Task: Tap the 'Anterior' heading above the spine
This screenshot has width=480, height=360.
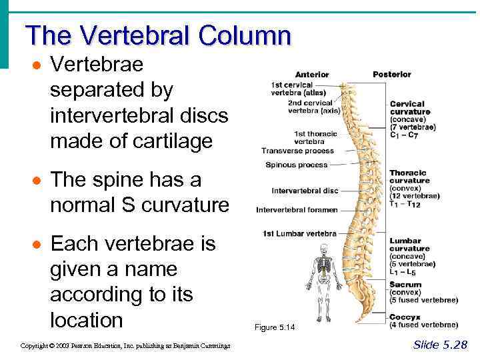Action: (311, 75)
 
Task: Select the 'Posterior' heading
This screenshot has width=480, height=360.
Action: (391, 74)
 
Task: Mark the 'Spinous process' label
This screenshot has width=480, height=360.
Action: (296, 165)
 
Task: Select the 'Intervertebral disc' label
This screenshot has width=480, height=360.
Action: (305, 191)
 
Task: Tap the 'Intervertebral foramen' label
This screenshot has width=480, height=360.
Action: (297, 211)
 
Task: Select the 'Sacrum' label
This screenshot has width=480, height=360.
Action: (405, 285)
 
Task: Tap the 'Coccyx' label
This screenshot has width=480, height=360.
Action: (405, 317)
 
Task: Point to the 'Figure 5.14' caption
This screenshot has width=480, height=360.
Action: (274, 328)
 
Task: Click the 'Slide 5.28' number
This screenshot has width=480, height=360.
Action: (440, 345)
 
